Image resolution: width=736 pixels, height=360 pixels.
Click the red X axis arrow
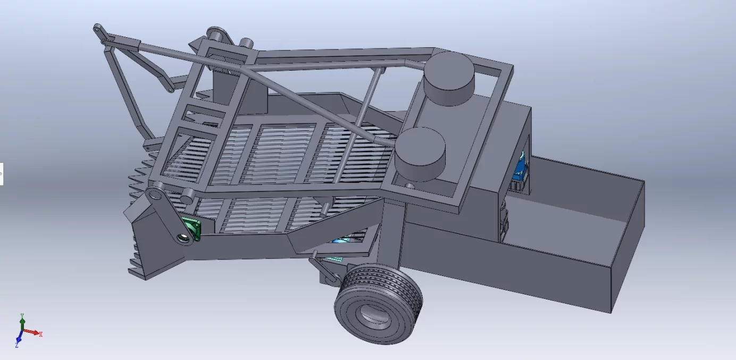pos(33,332)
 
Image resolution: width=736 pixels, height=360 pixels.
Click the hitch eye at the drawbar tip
pos(98,28)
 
